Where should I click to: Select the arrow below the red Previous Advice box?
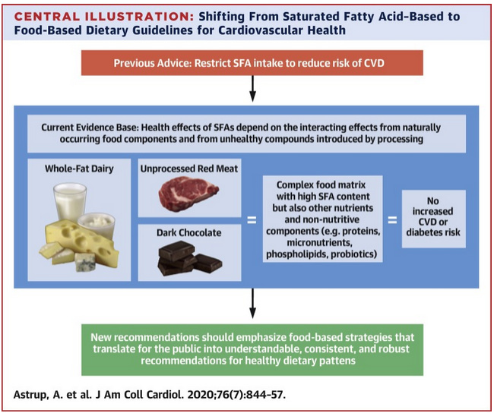[x=252, y=90]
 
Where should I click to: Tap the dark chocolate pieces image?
[x=187, y=258]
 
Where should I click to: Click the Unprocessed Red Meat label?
[x=189, y=169]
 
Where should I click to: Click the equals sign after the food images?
[x=251, y=221]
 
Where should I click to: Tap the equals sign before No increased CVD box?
[x=392, y=221]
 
